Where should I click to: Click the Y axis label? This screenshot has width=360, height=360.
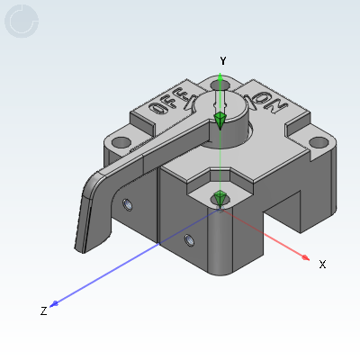pyautogui.click(x=222, y=60)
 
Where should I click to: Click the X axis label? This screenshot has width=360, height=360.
pyautogui.click(x=321, y=265)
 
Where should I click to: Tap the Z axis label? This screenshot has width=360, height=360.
pyautogui.click(x=43, y=310)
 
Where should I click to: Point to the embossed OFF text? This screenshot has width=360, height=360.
pyautogui.click(x=169, y=102)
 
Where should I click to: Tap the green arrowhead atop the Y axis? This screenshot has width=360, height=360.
pyautogui.click(x=221, y=78)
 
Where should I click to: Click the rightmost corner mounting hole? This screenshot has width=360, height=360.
pyautogui.click(x=318, y=142)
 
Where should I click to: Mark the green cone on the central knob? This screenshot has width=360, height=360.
pyautogui.click(x=220, y=119)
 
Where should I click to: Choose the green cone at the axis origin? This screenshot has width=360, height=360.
pyautogui.click(x=220, y=197)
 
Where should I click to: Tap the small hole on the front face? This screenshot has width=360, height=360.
pyautogui.click(x=188, y=239)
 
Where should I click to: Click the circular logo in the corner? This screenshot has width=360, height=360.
pyautogui.click(x=22, y=22)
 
